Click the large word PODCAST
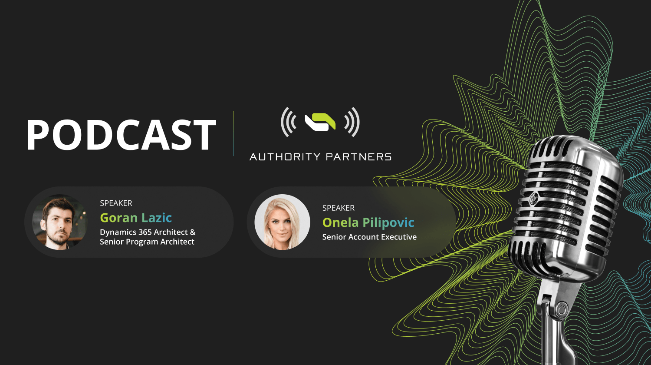click(122, 134)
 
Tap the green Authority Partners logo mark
click(320, 122)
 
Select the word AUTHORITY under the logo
click(285, 157)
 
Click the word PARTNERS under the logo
click(358, 157)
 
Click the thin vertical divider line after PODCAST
click(233, 133)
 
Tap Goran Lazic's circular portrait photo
click(60, 222)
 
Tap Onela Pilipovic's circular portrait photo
click(282, 222)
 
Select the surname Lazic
click(157, 218)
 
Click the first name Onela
click(340, 222)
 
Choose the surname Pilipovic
click(388, 223)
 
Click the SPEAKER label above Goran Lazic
click(116, 203)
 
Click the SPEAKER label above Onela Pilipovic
click(338, 208)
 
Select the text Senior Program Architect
click(147, 242)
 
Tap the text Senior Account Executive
click(369, 237)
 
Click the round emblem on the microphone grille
click(533, 199)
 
